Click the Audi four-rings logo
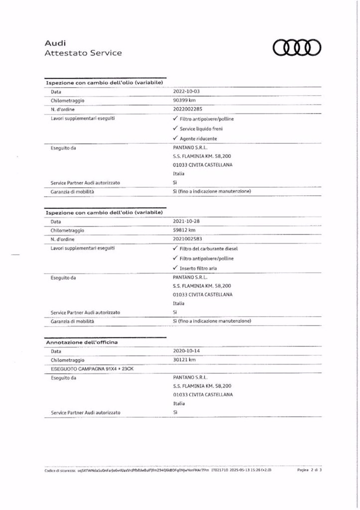pyautogui.click(x=297, y=48)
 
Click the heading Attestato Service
pyautogui.click(x=83, y=53)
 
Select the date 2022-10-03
pyautogui.click(x=186, y=92)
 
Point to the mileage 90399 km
pyautogui.click(x=184, y=100)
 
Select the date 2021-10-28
pyautogui.click(x=186, y=221)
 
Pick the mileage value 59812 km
pyautogui.click(x=184, y=230)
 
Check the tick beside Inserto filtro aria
pyautogui.click(x=175, y=268)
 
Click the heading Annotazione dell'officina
pyautogui.click(x=80, y=343)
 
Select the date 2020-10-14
pyautogui.click(x=186, y=351)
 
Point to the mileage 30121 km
pyautogui.click(x=184, y=360)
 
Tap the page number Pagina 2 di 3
pyautogui.click(x=310, y=470)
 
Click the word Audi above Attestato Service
pyautogui.click(x=53, y=43)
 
